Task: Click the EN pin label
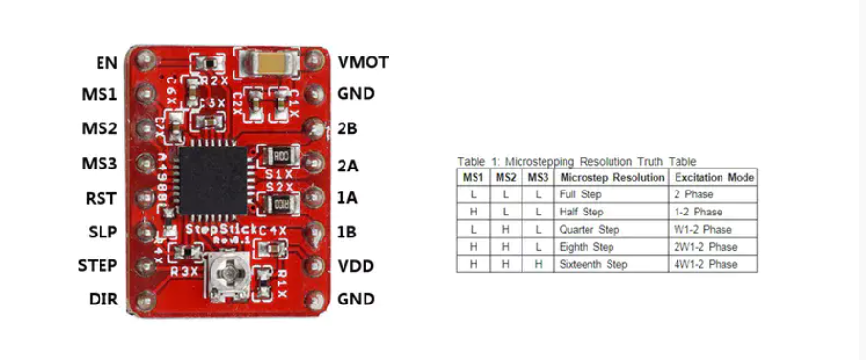[106, 63]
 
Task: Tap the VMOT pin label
[363, 62]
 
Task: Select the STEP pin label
[99, 265]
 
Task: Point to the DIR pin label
[102, 300]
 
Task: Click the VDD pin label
[355, 265]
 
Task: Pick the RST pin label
[100, 199]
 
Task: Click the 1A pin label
[347, 198]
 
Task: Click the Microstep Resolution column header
[611, 177]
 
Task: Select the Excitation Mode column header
[714, 177]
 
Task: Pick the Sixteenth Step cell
[595, 264]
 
